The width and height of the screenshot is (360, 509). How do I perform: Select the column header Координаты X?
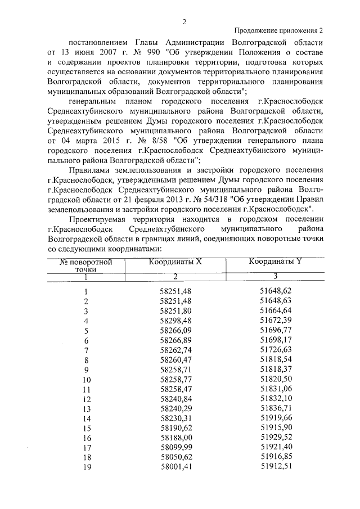(x=175, y=262)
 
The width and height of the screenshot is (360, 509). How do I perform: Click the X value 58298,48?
(x=175, y=321)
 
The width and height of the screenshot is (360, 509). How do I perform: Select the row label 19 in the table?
(x=86, y=467)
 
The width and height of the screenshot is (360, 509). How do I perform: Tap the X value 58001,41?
(x=175, y=467)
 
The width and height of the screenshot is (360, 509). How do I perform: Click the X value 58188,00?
(x=175, y=438)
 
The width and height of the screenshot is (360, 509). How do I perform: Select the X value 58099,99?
(x=175, y=447)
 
